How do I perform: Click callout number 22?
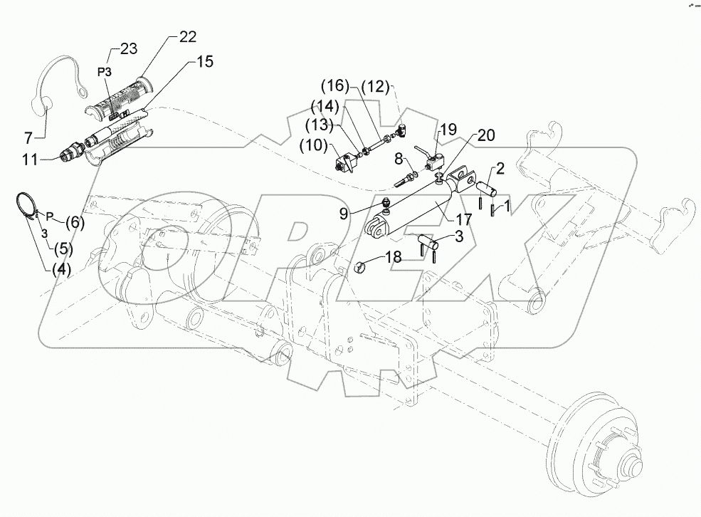187,36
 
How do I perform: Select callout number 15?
204,63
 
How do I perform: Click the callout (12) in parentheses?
374,86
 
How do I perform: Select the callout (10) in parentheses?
315,146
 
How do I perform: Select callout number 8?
399,158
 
